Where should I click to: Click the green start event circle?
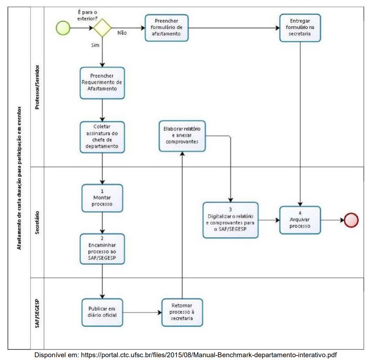tap(63, 28)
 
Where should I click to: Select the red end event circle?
tap(351, 220)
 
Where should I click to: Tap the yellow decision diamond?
tap(102, 28)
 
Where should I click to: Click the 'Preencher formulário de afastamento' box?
tap(167, 28)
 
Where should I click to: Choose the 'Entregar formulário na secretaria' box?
tap(300, 28)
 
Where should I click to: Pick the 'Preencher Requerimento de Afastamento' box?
tap(102, 83)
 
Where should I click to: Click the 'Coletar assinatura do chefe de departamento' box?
tap(102, 137)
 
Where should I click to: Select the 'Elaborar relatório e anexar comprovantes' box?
tap(182, 136)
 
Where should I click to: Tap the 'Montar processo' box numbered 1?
tap(102, 198)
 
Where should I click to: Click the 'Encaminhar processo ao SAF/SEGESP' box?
tap(102, 249)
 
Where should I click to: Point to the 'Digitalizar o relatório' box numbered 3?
tap(230, 220)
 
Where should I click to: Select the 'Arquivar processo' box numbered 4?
tap(300, 220)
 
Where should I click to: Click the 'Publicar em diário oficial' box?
tap(102, 312)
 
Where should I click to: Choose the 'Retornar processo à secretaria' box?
tap(182, 312)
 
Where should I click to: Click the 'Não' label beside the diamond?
tap(122, 33)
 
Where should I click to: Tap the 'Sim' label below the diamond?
tap(95, 45)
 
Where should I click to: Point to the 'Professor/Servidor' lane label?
tap(37, 87)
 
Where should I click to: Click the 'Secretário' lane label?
tap(37, 223)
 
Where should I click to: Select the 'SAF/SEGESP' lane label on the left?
tap(37, 313)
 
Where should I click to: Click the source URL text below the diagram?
tap(185, 355)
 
